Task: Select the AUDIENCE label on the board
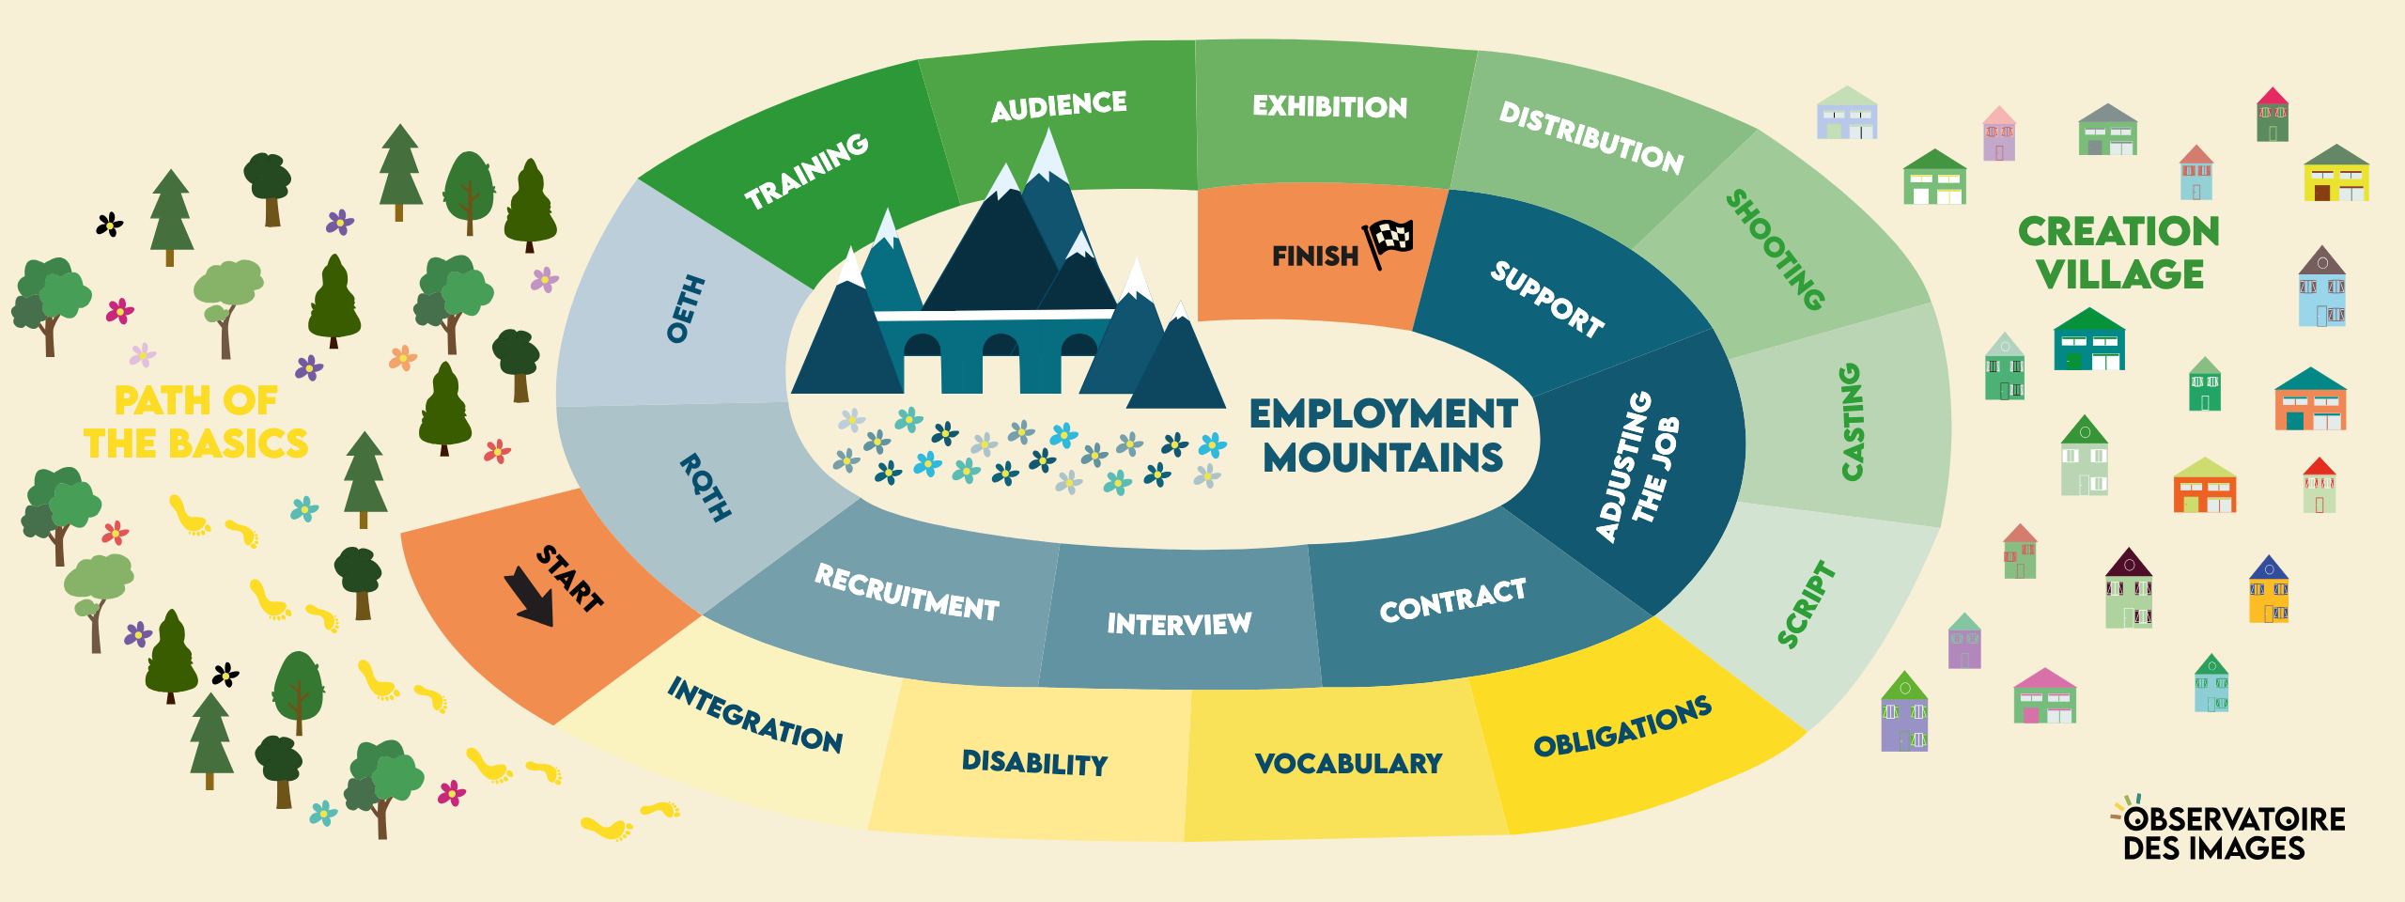pyautogui.click(x=1059, y=106)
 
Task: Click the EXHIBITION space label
pyautogui.click(x=1329, y=106)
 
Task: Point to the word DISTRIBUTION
pyautogui.click(x=1591, y=138)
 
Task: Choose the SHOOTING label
pyautogui.click(x=1776, y=250)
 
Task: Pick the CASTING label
pyautogui.click(x=1851, y=422)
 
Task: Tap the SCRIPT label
pyautogui.click(x=1806, y=604)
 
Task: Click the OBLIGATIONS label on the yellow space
pyautogui.click(x=1622, y=726)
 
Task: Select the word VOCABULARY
pyautogui.click(x=1348, y=763)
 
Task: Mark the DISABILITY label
pyautogui.click(x=1034, y=762)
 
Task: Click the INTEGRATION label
pyautogui.click(x=755, y=716)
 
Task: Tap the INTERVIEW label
pyautogui.click(x=1179, y=624)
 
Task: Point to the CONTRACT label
pyautogui.click(x=1452, y=600)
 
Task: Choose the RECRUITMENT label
pyautogui.click(x=907, y=593)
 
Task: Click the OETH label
pyautogui.click(x=686, y=309)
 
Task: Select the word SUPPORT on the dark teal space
pyautogui.click(x=1547, y=299)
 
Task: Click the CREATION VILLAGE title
pyautogui.click(x=2118, y=253)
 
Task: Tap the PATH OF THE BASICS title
pyautogui.click(x=195, y=422)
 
